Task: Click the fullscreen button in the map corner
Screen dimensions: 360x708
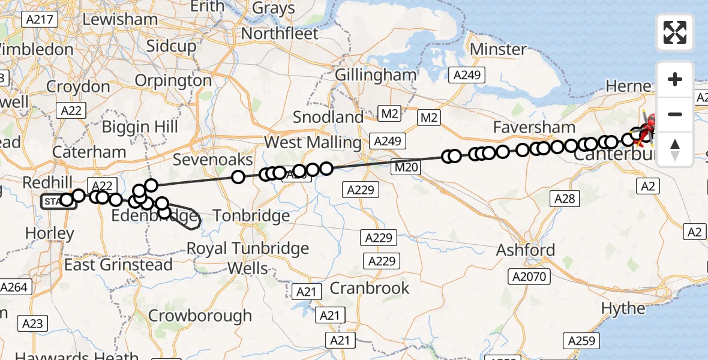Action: coord(675,32)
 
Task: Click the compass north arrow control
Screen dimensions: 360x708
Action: coord(675,149)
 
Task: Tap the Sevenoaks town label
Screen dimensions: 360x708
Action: coord(212,160)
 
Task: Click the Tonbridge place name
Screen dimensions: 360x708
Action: coord(251,215)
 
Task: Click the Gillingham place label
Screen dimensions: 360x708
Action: coord(376,75)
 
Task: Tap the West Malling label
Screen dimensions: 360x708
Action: coord(313,143)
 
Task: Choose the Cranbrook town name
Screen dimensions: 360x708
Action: coord(370,288)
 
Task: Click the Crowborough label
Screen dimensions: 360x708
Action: coord(200,316)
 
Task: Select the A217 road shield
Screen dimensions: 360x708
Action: coord(41,20)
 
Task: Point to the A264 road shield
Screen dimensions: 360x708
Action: coord(14,287)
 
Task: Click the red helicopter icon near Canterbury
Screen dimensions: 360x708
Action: coord(648,130)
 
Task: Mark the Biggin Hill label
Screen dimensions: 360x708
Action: coord(140,127)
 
